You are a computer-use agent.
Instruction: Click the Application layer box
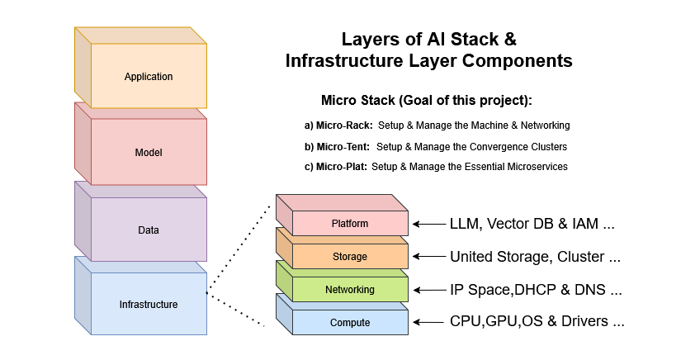[149, 77]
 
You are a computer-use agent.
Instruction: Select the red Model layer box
[149, 153]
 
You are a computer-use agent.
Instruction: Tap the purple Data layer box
[149, 230]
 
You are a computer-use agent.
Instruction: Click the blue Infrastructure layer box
[149, 304]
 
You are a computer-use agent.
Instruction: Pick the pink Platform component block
[350, 224]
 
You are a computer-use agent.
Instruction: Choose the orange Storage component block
[350, 257]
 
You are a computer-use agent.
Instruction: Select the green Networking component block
[350, 290]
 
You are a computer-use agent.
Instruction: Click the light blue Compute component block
[350, 322]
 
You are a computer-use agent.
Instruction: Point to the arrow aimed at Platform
[428, 224]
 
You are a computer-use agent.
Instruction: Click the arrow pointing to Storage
[428, 257]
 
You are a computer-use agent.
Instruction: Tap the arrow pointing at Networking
[428, 290]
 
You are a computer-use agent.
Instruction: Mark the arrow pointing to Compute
[428, 322]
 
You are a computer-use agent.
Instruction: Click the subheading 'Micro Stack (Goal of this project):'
[426, 101]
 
